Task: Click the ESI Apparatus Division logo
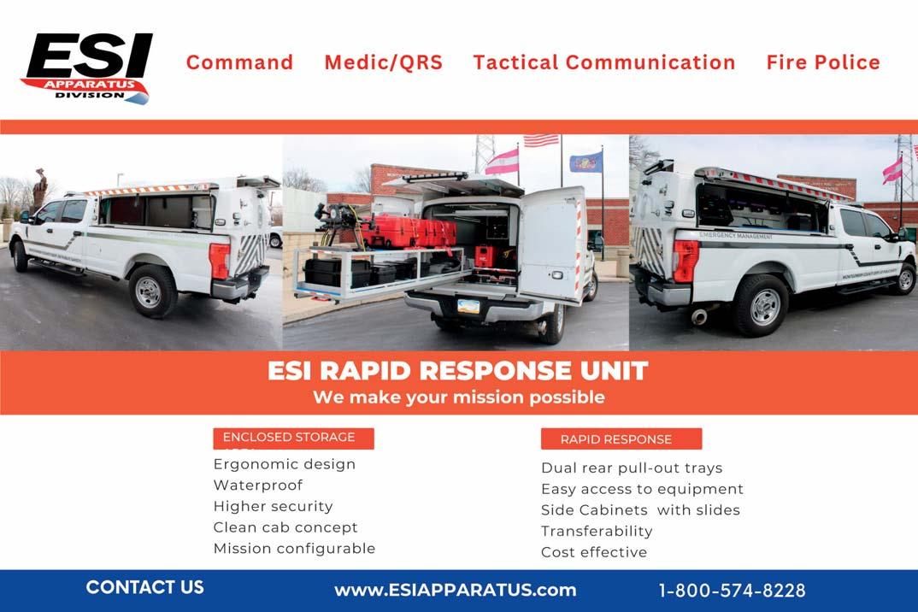87,68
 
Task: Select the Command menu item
239,62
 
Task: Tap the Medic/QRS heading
383,62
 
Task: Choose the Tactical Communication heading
603,62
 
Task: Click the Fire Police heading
822,62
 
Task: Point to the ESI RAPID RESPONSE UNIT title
458,371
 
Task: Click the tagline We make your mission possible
458,397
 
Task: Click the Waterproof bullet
258,485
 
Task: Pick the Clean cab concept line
285,527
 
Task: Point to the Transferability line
597,531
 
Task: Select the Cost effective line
594,552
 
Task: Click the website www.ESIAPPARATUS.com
455,590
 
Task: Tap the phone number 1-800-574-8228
732,591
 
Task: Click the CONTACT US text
144,587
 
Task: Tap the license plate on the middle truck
468,306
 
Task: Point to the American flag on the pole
540,140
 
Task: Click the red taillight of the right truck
686,260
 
